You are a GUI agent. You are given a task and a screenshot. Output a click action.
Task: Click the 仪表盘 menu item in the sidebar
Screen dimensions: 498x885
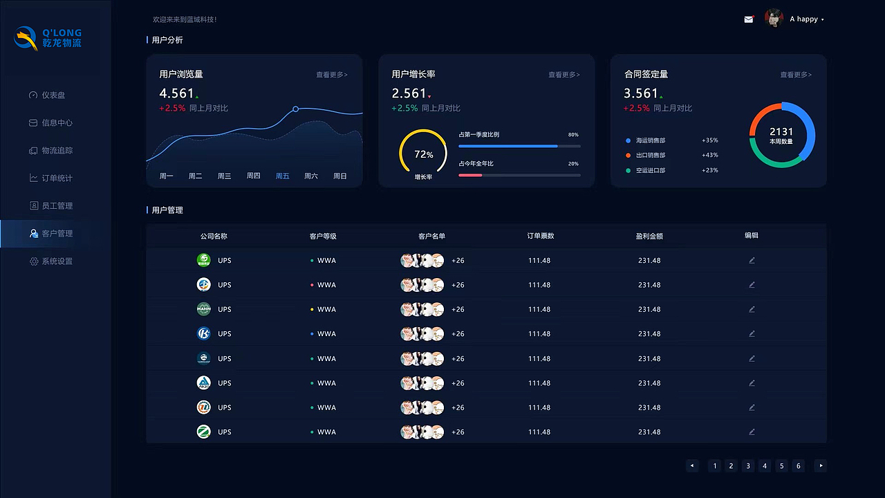coord(53,95)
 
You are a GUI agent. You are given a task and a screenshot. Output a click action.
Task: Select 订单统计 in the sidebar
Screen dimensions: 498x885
coord(56,178)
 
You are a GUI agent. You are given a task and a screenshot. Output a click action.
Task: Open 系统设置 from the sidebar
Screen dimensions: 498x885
coord(56,261)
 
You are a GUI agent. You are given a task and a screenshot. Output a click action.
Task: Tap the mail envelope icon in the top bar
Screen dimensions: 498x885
coord(748,19)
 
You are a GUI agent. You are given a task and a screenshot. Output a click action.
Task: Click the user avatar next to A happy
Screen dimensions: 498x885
coord(774,19)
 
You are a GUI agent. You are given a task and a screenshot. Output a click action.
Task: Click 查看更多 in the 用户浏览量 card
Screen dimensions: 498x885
coord(332,75)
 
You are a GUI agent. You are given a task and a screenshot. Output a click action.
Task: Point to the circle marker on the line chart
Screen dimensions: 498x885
coord(296,109)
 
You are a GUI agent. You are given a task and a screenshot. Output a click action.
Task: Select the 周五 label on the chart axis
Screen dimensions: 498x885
coord(282,176)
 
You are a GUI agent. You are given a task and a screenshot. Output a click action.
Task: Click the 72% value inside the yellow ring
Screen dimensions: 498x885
coord(424,155)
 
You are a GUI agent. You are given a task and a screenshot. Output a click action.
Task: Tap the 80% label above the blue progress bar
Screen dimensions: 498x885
coord(572,135)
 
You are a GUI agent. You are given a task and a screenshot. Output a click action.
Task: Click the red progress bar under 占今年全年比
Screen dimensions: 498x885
coord(470,175)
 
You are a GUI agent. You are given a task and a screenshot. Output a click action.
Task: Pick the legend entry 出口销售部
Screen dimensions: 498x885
coord(650,156)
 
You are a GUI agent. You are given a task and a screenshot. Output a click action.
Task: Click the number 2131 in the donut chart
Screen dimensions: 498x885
coord(781,131)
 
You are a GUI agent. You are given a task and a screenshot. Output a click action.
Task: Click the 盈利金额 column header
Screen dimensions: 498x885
coord(649,237)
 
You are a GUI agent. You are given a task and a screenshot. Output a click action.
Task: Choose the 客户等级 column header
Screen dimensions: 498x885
coord(323,237)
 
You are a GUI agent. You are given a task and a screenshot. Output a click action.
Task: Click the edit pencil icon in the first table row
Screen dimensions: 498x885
coord(752,261)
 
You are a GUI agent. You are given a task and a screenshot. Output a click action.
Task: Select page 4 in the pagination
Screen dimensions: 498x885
coord(765,466)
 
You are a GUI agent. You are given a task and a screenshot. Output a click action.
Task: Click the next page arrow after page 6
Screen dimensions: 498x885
coord(821,466)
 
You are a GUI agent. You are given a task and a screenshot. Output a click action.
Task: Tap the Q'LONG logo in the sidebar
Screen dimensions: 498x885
coord(48,38)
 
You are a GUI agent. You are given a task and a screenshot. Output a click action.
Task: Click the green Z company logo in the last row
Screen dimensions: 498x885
coord(203,432)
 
